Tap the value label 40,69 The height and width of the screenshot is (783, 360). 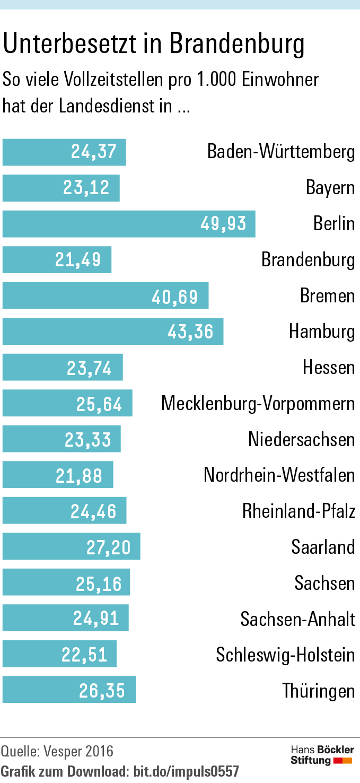tap(175, 296)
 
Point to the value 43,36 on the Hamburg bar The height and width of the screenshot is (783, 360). tap(190, 332)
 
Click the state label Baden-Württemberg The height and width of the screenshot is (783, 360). tap(281, 152)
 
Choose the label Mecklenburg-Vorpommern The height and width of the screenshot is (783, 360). tap(258, 404)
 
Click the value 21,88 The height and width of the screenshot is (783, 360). tap(79, 475)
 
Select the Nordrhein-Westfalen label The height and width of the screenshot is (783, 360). tap(279, 475)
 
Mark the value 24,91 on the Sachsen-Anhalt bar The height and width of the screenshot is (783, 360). tap(96, 619)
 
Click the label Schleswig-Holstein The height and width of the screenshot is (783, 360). tap(285, 655)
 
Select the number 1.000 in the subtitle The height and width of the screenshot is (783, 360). tap(216, 80)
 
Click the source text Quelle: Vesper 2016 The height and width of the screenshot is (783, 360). tap(57, 751)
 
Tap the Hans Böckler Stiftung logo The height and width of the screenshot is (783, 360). tap(322, 755)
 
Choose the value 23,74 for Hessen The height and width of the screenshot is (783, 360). tap(89, 368)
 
